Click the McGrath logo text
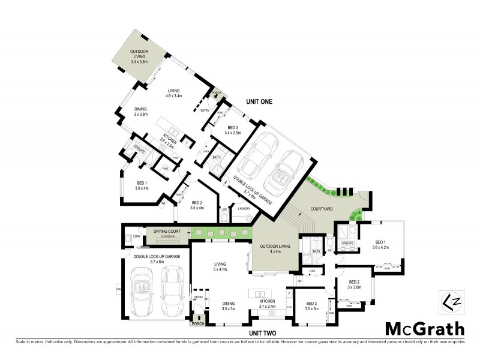click(x=424, y=328)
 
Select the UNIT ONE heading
click(x=259, y=101)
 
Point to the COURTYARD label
click(x=321, y=209)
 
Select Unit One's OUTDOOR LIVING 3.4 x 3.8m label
click(x=140, y=56)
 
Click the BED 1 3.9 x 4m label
click(x=142, y=185)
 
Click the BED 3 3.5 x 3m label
click(x=310, y=306)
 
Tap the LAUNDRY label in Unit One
click(x=244, y=209)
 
